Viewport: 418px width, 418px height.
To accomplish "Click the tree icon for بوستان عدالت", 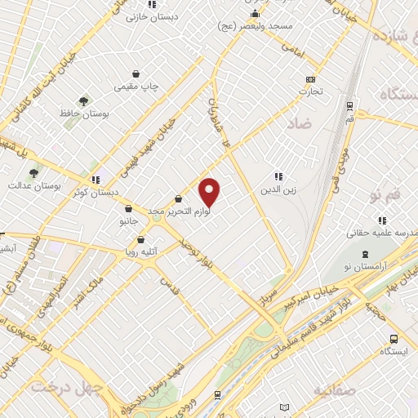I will tap(33, 172).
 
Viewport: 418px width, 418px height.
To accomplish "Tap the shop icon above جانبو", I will tap(128, 208).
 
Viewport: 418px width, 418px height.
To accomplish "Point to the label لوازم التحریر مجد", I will tap(179, 211).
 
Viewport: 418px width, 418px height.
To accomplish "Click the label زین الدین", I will tap(278, 190).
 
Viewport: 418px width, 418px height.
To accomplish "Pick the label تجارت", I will tap(310, 91).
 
